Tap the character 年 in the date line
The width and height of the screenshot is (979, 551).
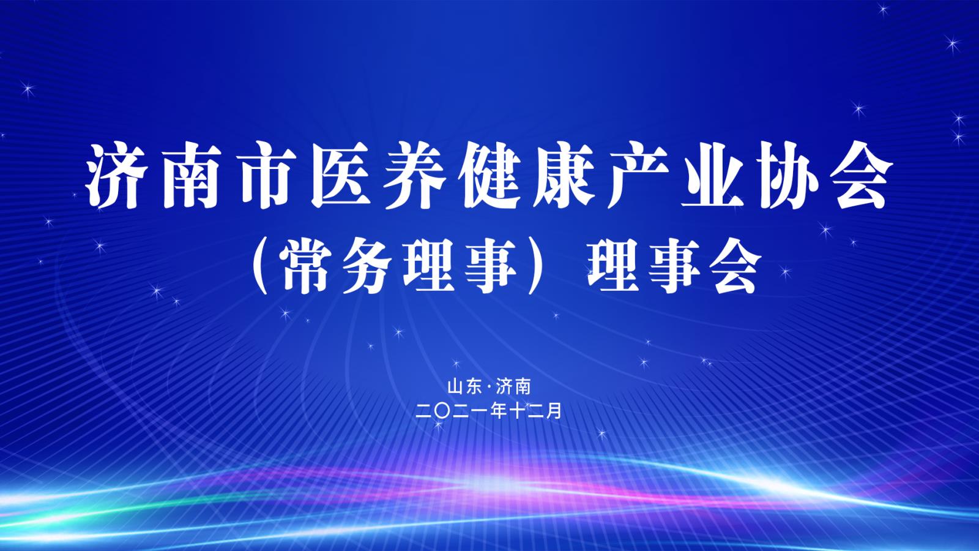tap(499, 411)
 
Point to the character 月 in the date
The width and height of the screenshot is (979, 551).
tap(554, 411)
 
